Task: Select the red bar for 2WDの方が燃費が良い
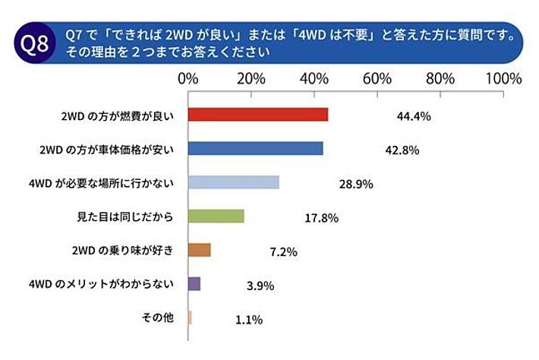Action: tap(257, 115)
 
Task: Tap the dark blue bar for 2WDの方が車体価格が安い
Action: tap(255, 148)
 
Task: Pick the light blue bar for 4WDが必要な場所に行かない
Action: tap(233, 182)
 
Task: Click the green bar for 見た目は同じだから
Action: tap(216, 216)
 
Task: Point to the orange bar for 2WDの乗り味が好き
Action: tap(199, 250)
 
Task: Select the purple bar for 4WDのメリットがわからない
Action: tap(194, 284)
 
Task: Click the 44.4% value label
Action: tap(414, 116)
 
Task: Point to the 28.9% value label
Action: tap(355, 185)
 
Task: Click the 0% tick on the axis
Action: tap(188, 79)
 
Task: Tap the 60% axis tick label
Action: tap(377, 79)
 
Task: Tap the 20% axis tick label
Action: tap(251, 79)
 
